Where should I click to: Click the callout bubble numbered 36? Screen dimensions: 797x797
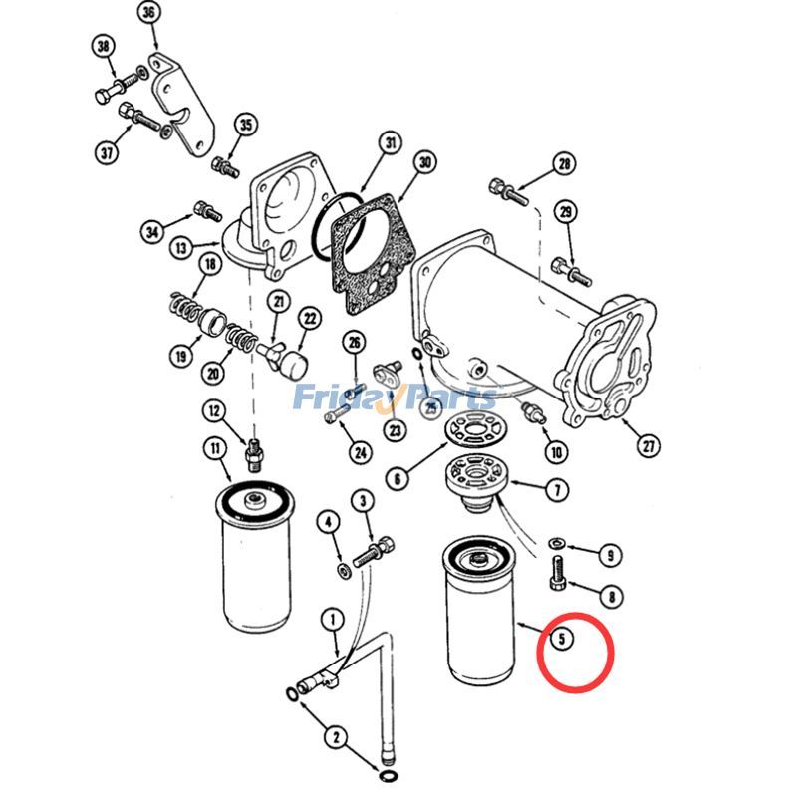click(x=148, y=13)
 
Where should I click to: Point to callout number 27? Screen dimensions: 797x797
click(x=649, y=445)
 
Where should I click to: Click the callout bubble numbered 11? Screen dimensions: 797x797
click(x=216, y=447)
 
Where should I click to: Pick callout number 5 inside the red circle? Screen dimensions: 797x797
click(x=564, y=638)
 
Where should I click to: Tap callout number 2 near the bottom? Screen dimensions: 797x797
click(x=336, y=738)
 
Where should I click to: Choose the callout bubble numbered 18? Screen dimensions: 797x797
click(x=209, y=264)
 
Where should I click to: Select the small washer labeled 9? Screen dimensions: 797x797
click(x=557, y=543)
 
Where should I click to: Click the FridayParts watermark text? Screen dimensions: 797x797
click(x=394, y=398)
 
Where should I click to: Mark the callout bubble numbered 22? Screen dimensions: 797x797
click(x=310, y=319)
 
